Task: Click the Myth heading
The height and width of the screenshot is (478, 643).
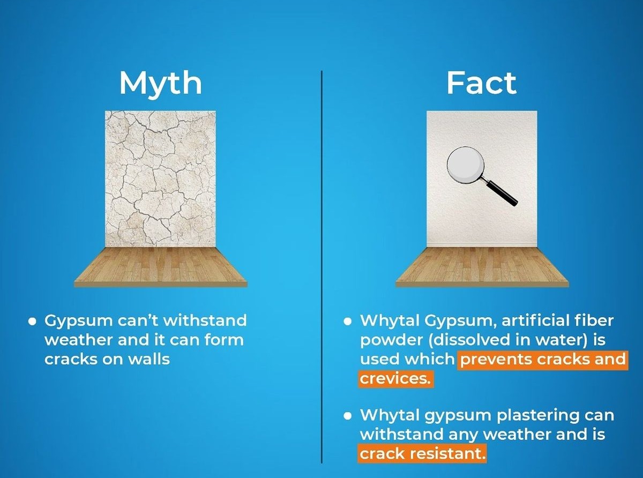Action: pos(160,84)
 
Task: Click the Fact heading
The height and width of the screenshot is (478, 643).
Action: pos(481,83)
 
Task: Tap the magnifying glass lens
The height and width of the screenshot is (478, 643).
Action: pos(466,166)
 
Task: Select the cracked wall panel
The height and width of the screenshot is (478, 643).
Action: pos(160,178)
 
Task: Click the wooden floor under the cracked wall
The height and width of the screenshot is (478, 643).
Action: pos(161,267)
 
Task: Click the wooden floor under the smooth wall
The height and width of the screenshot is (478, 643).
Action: pos(482,267)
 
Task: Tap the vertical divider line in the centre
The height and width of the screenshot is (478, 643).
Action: pos(322,267)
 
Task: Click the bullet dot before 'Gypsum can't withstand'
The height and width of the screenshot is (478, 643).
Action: pos(33,322)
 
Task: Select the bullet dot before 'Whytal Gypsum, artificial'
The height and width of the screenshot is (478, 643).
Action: pos(347,322)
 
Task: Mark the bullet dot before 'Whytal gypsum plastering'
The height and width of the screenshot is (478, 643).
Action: pos(347,416)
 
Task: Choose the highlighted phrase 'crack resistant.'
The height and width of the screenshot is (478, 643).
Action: pos(422,453)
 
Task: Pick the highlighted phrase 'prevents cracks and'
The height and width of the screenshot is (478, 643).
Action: pos(543,360)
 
